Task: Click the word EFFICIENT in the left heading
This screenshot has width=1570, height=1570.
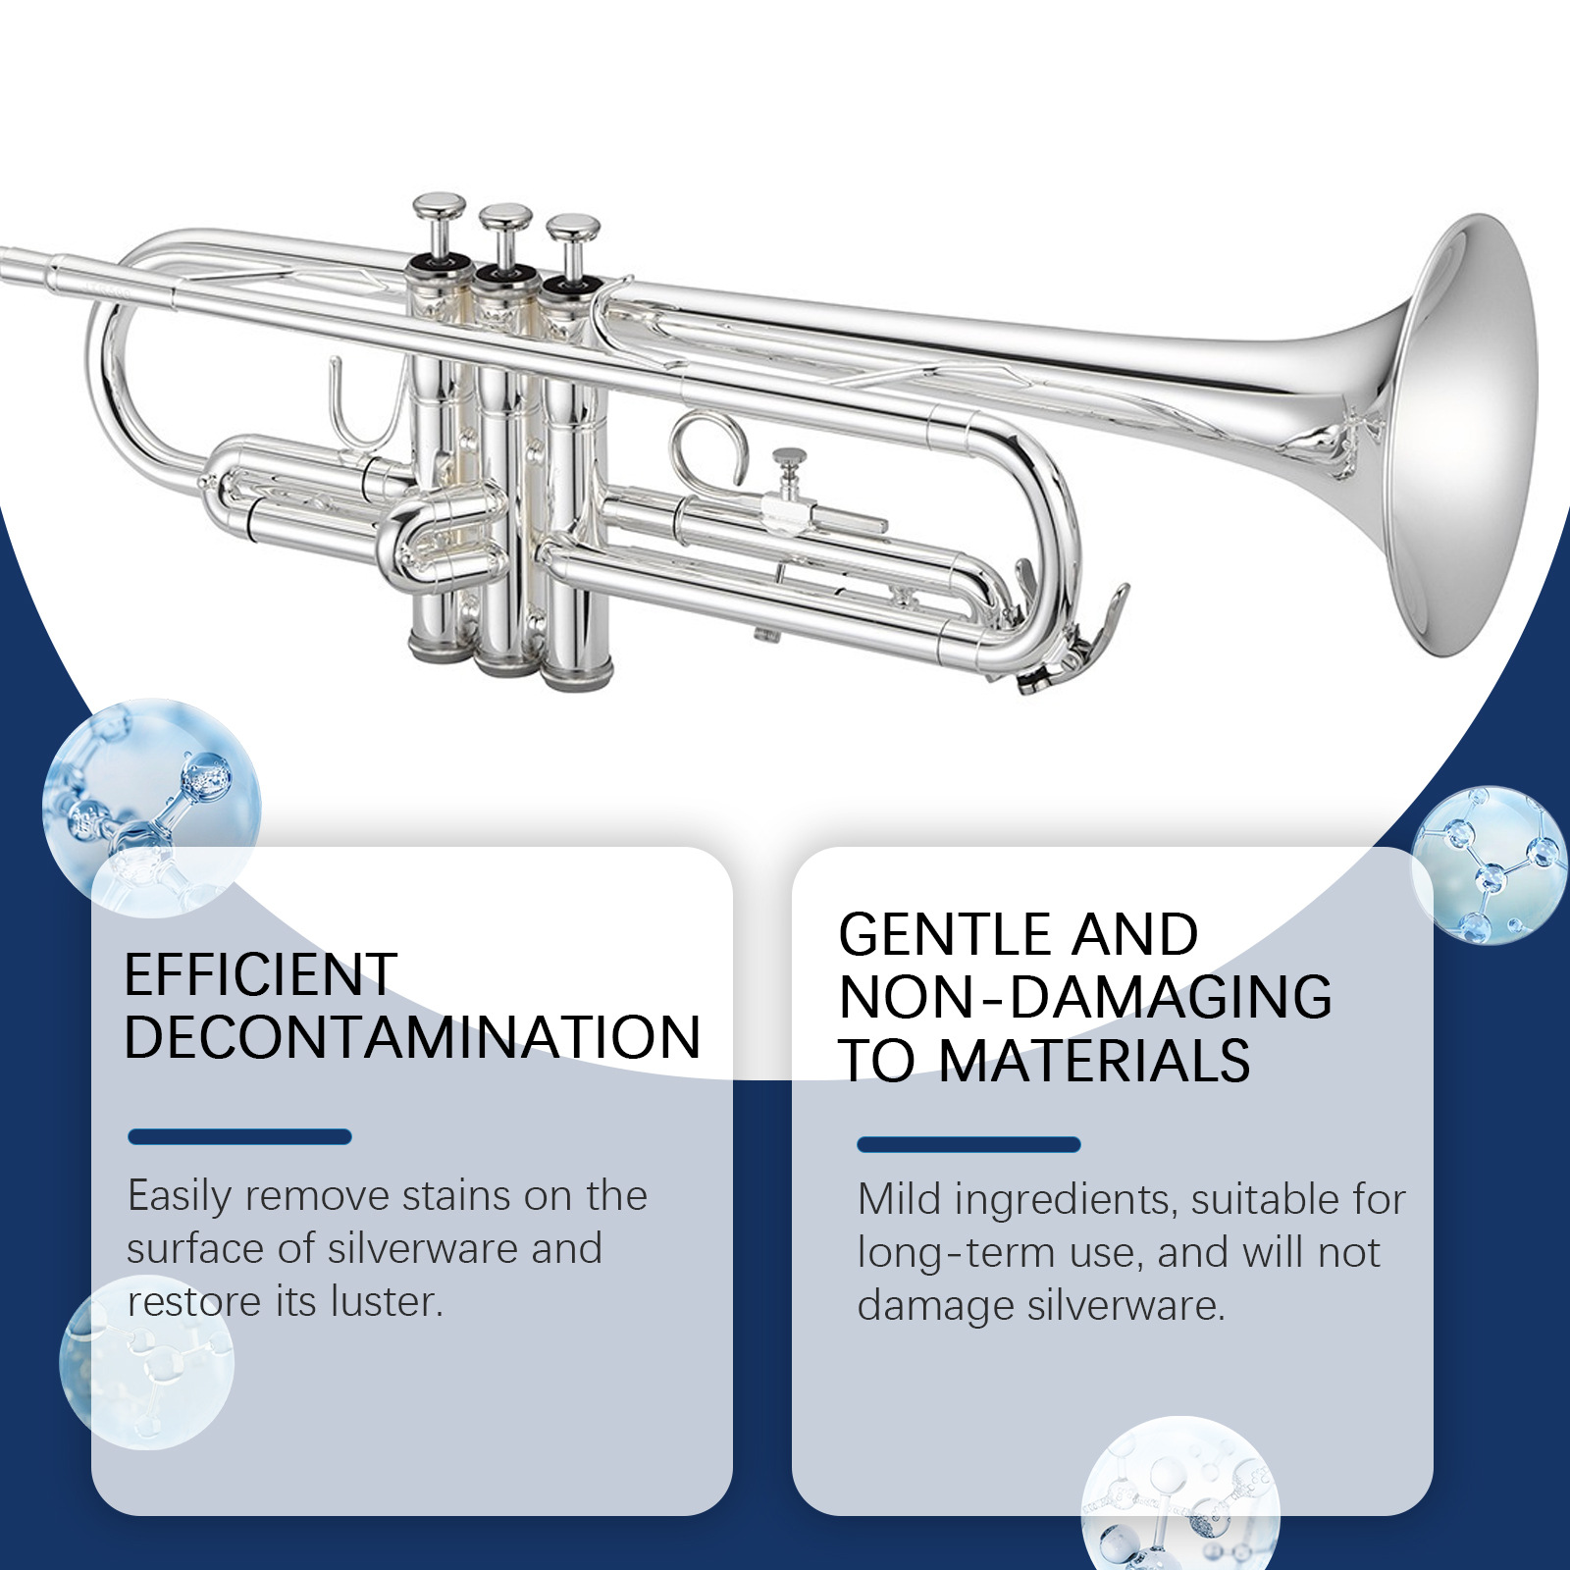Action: click(x=261, y=974)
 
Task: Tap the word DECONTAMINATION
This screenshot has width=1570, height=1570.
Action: click(x=413, y=1037)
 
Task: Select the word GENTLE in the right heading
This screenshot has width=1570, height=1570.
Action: click(x=944, y=934)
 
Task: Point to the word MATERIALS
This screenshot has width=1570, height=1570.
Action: click(x=1094, y=1061)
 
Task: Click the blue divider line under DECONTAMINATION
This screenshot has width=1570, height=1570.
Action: click(x=239, y=1137)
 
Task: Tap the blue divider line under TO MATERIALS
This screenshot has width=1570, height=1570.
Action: click(x=968, y=1144)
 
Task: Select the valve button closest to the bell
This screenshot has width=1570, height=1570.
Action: click(x=573, y=230)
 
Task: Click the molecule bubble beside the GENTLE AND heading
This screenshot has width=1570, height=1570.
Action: click(x=1490, y=864)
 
